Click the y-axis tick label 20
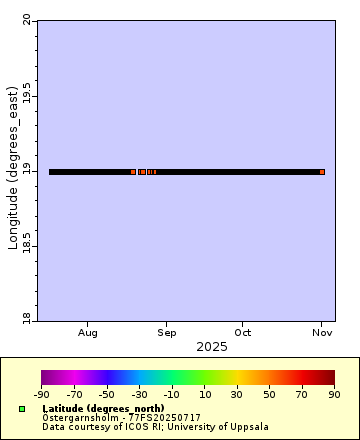coord(25,20)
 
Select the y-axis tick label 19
coord(25,171)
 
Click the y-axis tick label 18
coord(25,320)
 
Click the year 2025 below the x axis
coord(211,347)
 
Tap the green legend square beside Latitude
coord(22,409)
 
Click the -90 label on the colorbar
coord(42,395)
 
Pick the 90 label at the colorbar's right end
coord(335,395)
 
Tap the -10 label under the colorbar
coord(172,395)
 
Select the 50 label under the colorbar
coord(270,395)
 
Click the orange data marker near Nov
coord(322,172)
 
